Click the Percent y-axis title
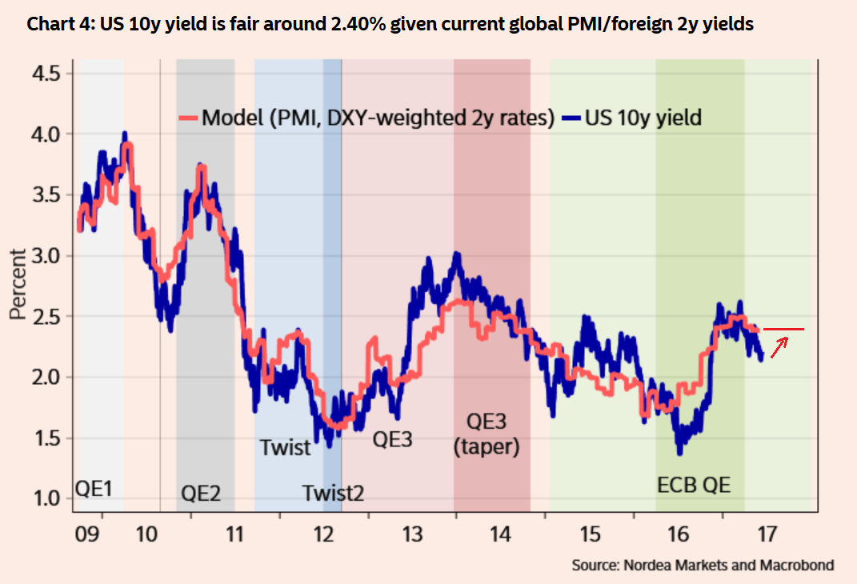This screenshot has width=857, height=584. pos(18,284)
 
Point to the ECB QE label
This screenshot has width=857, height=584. pos(694,485)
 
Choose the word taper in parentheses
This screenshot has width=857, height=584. pos(487,447)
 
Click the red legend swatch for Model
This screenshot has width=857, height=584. pos(188,118)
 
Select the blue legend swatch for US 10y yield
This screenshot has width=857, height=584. pos(571,118)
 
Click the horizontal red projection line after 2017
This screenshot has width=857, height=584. pos(783,329)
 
